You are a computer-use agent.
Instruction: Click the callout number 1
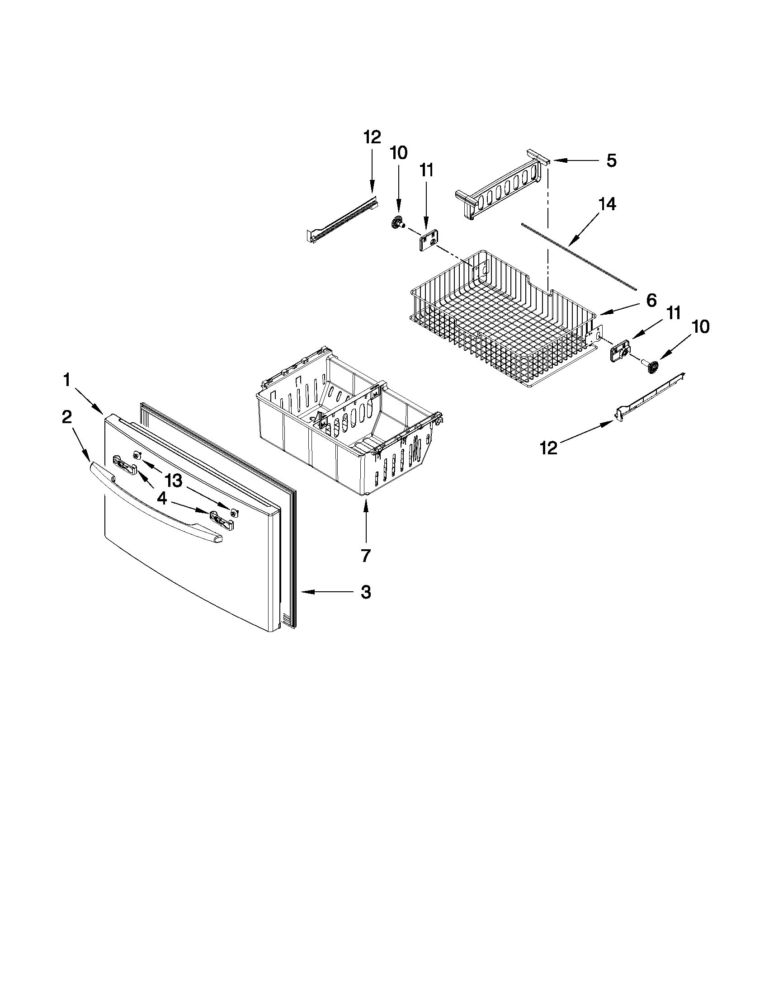66,379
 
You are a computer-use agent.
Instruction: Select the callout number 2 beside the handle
66,417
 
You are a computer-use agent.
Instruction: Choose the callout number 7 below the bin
366,555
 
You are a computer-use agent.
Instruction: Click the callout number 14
608,203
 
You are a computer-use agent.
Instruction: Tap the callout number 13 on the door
174,480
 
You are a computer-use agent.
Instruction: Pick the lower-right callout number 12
548,448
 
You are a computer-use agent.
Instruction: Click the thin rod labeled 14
579,257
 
